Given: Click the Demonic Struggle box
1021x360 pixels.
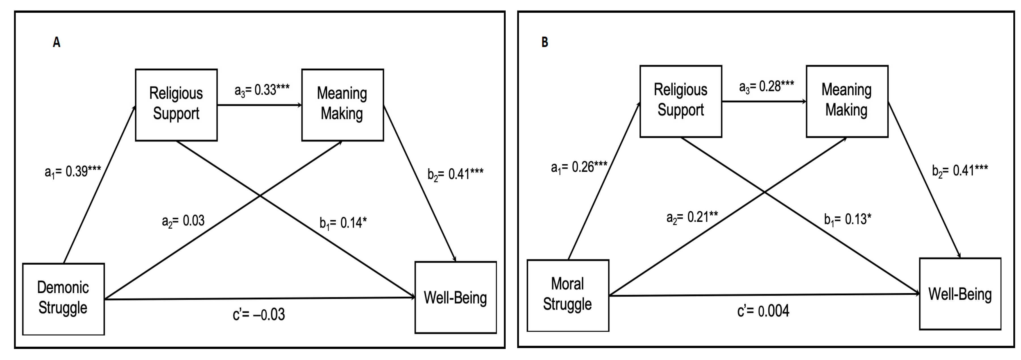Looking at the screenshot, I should pos(63,299).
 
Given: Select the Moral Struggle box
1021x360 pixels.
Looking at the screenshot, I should pos(567,295).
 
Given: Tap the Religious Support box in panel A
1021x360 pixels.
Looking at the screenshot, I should pos(176,105).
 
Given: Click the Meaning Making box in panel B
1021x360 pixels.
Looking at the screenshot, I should pos(847,101).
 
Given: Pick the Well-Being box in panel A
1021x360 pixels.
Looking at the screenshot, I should pos(456,297).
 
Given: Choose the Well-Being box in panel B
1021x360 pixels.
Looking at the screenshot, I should pos(960,294).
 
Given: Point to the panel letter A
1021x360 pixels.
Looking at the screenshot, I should pos(56,42).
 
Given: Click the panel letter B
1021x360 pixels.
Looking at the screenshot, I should pos(545,42).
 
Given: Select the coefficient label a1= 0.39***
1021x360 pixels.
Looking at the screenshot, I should pos(73,171).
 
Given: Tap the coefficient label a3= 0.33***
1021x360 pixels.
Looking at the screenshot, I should pos(262,90).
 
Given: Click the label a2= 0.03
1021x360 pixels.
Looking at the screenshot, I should pos(183,220).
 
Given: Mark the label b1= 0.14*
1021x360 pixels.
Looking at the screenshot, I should pos(343,223).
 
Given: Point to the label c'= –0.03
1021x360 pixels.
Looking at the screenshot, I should pos(259,314).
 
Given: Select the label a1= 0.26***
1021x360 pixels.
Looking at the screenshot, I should pos(579,167).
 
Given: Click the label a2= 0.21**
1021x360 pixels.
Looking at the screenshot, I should pos(692,217).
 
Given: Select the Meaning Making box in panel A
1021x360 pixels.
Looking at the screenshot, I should pos(342,105).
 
